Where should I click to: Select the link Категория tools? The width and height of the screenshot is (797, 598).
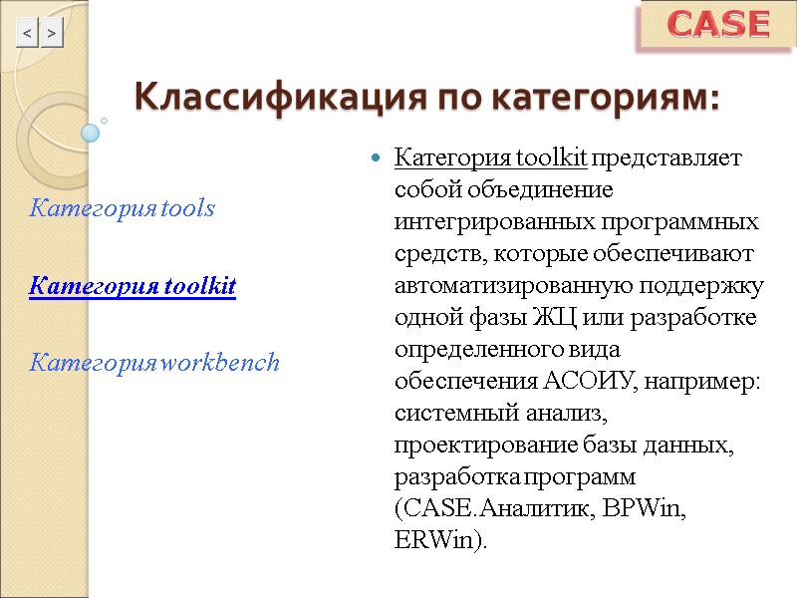click(x=123, y=209)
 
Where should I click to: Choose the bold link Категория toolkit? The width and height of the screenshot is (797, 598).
click(x=133, y=287)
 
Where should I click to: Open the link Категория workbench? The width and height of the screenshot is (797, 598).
click(x=154, y=363)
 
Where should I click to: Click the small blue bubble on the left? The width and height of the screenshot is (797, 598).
click(x=91, y=132)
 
